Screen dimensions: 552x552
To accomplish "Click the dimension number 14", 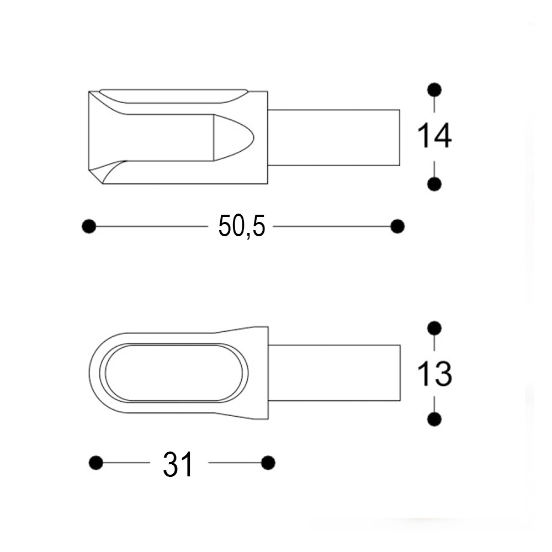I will (x=434, y=136).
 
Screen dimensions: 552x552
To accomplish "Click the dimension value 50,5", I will (x=241, y=226).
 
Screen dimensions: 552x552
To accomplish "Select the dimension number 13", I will (x=434, y=374).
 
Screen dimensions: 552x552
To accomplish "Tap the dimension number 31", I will (x=178, y=464).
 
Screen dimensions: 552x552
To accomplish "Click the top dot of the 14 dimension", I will (x=434, y=89).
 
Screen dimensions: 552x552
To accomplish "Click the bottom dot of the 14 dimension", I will (x=434, y=184).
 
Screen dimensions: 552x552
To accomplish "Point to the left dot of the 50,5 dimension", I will (x=88, y=226).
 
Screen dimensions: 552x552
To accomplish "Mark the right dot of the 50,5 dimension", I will (x=397, y=226).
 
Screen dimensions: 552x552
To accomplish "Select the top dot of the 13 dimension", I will (x=434, y=328).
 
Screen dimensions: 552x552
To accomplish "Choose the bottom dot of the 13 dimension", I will (x=434, y=420).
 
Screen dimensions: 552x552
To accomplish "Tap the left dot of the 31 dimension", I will (x=96, y=463).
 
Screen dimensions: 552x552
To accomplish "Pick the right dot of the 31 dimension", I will (x=268, y=463).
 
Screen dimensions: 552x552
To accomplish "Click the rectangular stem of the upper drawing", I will (x=333, y=137).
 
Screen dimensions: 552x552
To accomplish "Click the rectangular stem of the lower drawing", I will (x=333, y=373).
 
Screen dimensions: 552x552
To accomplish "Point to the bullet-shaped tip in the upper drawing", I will (x=232, y=137).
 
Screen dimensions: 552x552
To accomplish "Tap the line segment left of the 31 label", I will (x=126, y=463).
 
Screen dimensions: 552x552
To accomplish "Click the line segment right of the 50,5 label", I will (x=331, y=226).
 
